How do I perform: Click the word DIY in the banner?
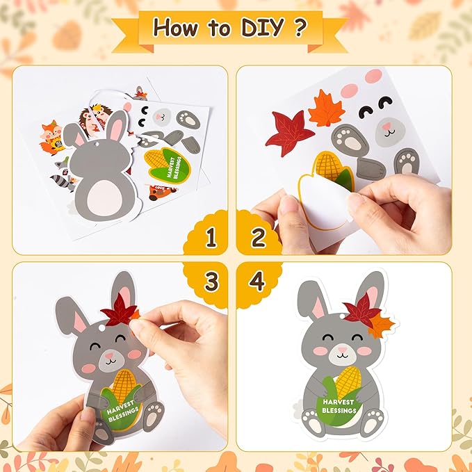point(263,27)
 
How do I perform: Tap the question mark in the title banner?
point(300,27)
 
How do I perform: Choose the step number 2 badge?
point(258,237)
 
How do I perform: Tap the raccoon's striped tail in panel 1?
point(61,181)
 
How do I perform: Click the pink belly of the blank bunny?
point(104,198)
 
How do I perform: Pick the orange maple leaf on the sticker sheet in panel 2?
point(326,108)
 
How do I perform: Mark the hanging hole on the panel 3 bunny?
point(102,327)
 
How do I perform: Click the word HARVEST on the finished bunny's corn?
point(339,402)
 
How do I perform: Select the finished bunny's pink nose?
point(343,350)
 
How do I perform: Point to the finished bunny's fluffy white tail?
point(298,409)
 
